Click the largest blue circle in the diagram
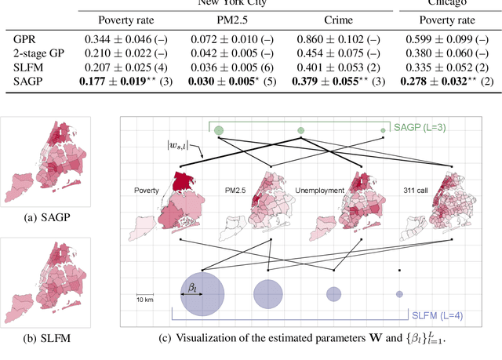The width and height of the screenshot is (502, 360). [202, 293]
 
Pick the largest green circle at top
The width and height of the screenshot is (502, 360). [219, 130]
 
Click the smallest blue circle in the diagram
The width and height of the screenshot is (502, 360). [399, 293]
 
